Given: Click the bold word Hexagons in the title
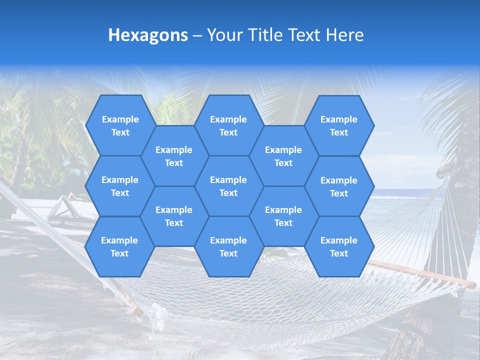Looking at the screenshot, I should pyautogui.click(x=148, y=35).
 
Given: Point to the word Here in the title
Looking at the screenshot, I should pyautogui.click(x=344, y=35).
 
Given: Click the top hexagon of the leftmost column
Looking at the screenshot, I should pyautogui.click(x=120, y=125).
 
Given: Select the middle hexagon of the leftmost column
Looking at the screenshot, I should pyautogui.click(x=120, y=186).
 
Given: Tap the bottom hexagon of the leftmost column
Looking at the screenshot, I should pyautogui.click(x=119, y=246).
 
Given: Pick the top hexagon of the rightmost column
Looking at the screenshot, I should pyautogui.click(x=339, y=125).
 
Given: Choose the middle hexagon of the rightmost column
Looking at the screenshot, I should pyautogui.click(x=339, y=186).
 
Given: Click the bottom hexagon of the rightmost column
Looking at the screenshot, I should pyautogui.click(x=339, y=246).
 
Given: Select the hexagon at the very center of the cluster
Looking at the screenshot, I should pyautogui.click(x=228, y=186).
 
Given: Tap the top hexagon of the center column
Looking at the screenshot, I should pyautogui.click(x=228, y=125).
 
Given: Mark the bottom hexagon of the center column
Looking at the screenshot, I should pyautogui.click(x=228, y=246).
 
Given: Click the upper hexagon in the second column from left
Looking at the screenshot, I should pyautogui.click(x=174, y=156).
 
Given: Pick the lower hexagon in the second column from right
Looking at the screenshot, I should pyautogui.click(x=283, y=216).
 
